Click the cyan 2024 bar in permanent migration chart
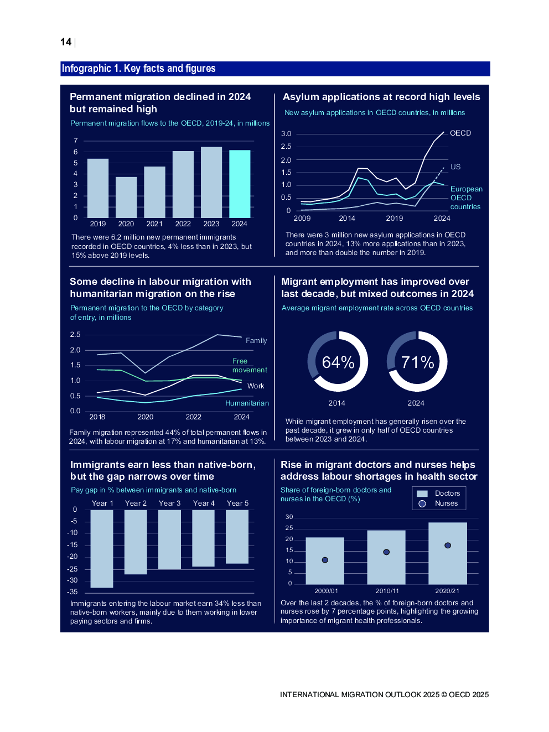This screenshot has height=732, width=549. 240,184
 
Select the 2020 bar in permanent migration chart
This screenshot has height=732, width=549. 126,198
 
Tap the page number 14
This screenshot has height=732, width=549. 66,42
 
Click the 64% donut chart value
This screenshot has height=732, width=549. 338,362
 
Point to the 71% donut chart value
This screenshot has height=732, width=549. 417,362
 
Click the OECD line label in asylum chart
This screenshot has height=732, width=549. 460,133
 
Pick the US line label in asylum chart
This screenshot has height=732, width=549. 455,167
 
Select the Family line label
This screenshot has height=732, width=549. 256,341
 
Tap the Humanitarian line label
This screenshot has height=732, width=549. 247,403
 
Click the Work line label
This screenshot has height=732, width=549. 256,386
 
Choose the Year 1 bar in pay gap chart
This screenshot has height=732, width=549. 102,548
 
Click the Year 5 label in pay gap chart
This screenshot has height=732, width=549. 237,503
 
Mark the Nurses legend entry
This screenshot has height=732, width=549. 446,503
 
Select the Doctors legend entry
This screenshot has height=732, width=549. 447,494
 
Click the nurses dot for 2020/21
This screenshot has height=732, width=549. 448,546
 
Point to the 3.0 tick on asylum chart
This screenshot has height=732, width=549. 286,134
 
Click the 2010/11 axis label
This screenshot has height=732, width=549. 387,591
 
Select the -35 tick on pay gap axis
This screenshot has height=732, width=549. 72,592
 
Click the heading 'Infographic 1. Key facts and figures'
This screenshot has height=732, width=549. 139,69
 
